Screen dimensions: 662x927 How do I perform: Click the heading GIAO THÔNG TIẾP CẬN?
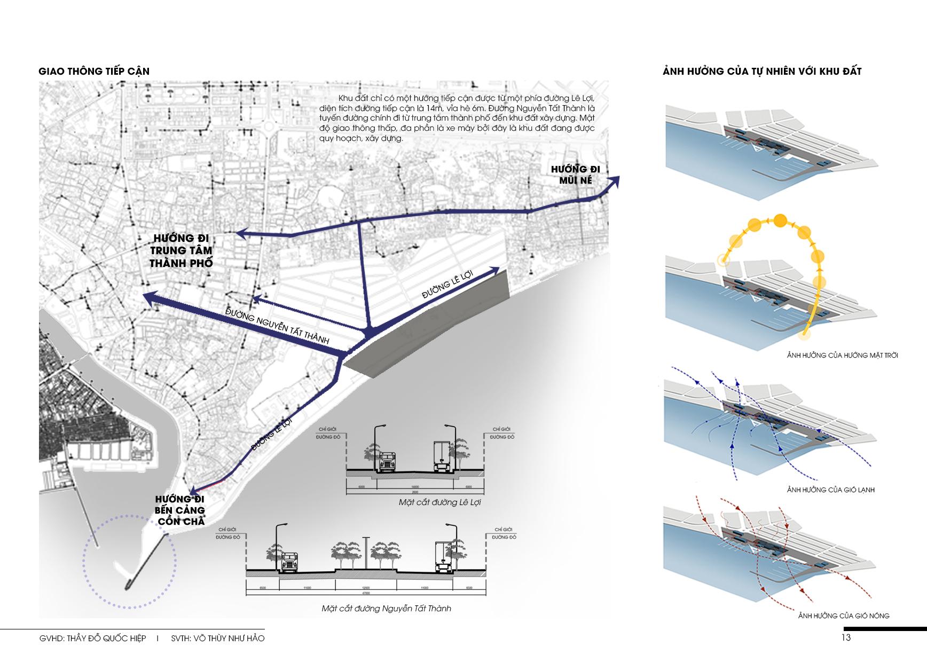94,72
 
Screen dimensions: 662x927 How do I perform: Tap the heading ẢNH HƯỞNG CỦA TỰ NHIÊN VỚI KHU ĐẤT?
762,72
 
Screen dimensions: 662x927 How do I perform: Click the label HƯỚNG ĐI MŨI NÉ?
576,175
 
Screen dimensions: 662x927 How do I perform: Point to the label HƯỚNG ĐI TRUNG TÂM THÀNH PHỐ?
182,250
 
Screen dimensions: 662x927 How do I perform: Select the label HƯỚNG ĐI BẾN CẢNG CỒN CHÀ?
180,510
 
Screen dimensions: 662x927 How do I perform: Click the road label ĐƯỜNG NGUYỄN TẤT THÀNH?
277,326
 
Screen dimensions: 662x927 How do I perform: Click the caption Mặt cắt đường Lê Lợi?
439,502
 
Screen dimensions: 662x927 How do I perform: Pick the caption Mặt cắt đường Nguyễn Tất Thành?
386,608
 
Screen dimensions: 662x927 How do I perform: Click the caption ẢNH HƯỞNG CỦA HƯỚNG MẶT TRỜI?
842,355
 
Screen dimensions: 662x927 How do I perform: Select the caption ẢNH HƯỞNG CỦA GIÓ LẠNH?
830,490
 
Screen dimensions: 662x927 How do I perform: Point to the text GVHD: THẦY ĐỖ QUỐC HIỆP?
92,639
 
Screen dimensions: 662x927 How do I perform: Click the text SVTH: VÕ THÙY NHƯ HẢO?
218,639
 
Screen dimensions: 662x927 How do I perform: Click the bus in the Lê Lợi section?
386,462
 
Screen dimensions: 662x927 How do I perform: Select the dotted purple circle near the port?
129,561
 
